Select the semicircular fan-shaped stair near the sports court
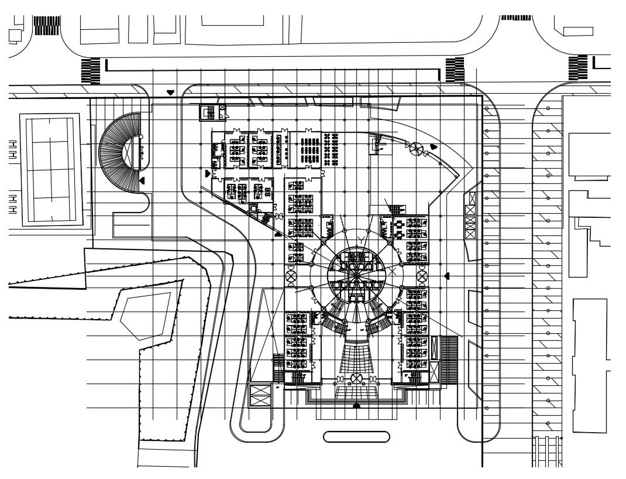(x=116, y=152)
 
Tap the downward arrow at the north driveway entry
(x=170, y=93)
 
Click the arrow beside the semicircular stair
(x=142, y=181)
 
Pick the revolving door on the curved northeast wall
(x=417, y=149)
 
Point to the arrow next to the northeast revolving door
(x=434, y=146)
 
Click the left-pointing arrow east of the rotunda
(x=446, y=276)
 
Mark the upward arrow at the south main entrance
(x=356, y=405)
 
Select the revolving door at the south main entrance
(x=356, y=379)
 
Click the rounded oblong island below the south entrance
(x=356, y=437)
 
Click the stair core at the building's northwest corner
(x=208, y=112)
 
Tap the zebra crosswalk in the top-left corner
(x=47, y=25)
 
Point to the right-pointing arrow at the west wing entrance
(x=208, y=174)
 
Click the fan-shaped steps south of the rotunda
(x=356, y=357)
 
